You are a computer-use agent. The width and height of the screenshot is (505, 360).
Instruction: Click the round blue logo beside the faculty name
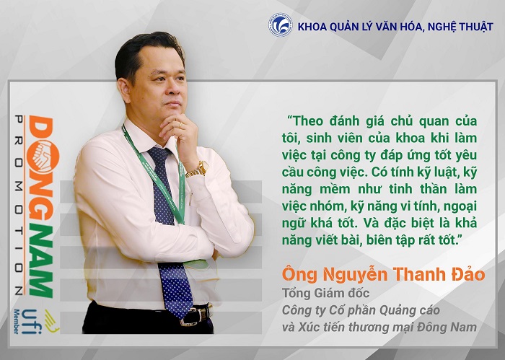(280, 25)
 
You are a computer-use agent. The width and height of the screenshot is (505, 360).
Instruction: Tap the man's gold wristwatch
(197, 169)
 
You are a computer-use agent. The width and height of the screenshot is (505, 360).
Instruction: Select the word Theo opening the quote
(304, 120)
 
